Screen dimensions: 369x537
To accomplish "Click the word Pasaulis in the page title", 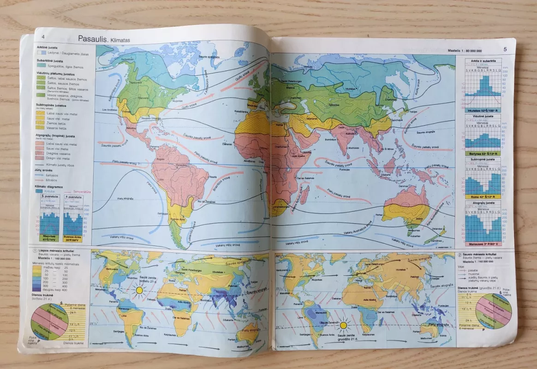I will (x=92, y=39).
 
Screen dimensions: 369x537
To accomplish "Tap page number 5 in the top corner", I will (x=505, y=49).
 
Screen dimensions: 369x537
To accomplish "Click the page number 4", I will (x=43, y=37).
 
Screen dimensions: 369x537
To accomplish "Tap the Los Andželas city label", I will (x=110, y=110).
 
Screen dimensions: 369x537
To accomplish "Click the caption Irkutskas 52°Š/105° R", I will (x=482, y=111).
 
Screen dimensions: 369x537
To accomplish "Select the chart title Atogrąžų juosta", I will (x=483, y=203).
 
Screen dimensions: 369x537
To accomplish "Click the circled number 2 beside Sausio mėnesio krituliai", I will (x=459, y=255).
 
